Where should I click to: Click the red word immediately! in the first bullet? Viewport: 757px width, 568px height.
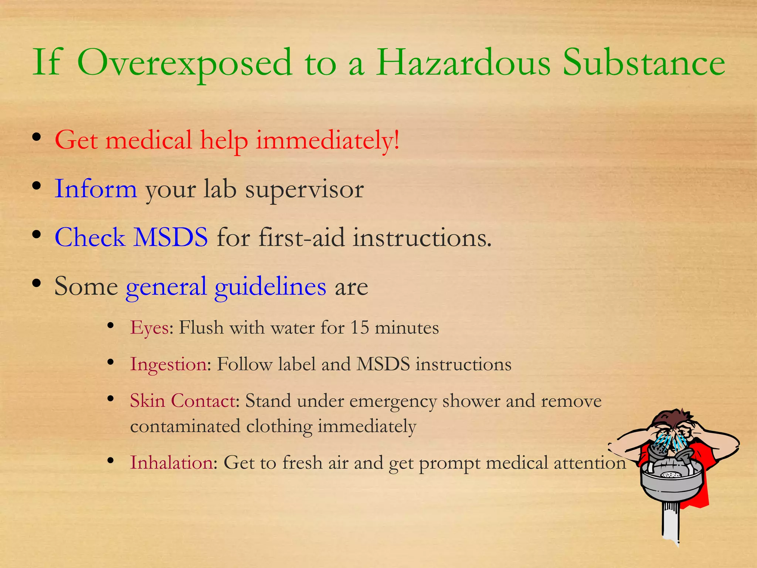tap(327, 141)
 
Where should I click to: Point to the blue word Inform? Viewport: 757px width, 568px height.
tap(96, 189)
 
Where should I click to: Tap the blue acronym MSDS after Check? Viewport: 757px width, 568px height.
tap(170, 237)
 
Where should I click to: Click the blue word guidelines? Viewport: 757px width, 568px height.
tap(270, 287)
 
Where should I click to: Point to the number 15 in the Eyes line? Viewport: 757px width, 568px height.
tap(359, 328)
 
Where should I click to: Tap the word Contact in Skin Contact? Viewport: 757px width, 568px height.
tap(203, 400)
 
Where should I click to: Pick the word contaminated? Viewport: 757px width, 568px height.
tap(185, 426)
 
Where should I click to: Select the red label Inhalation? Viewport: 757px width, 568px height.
tap(172, 463)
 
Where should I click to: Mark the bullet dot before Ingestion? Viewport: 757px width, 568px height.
tap(110, 362)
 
